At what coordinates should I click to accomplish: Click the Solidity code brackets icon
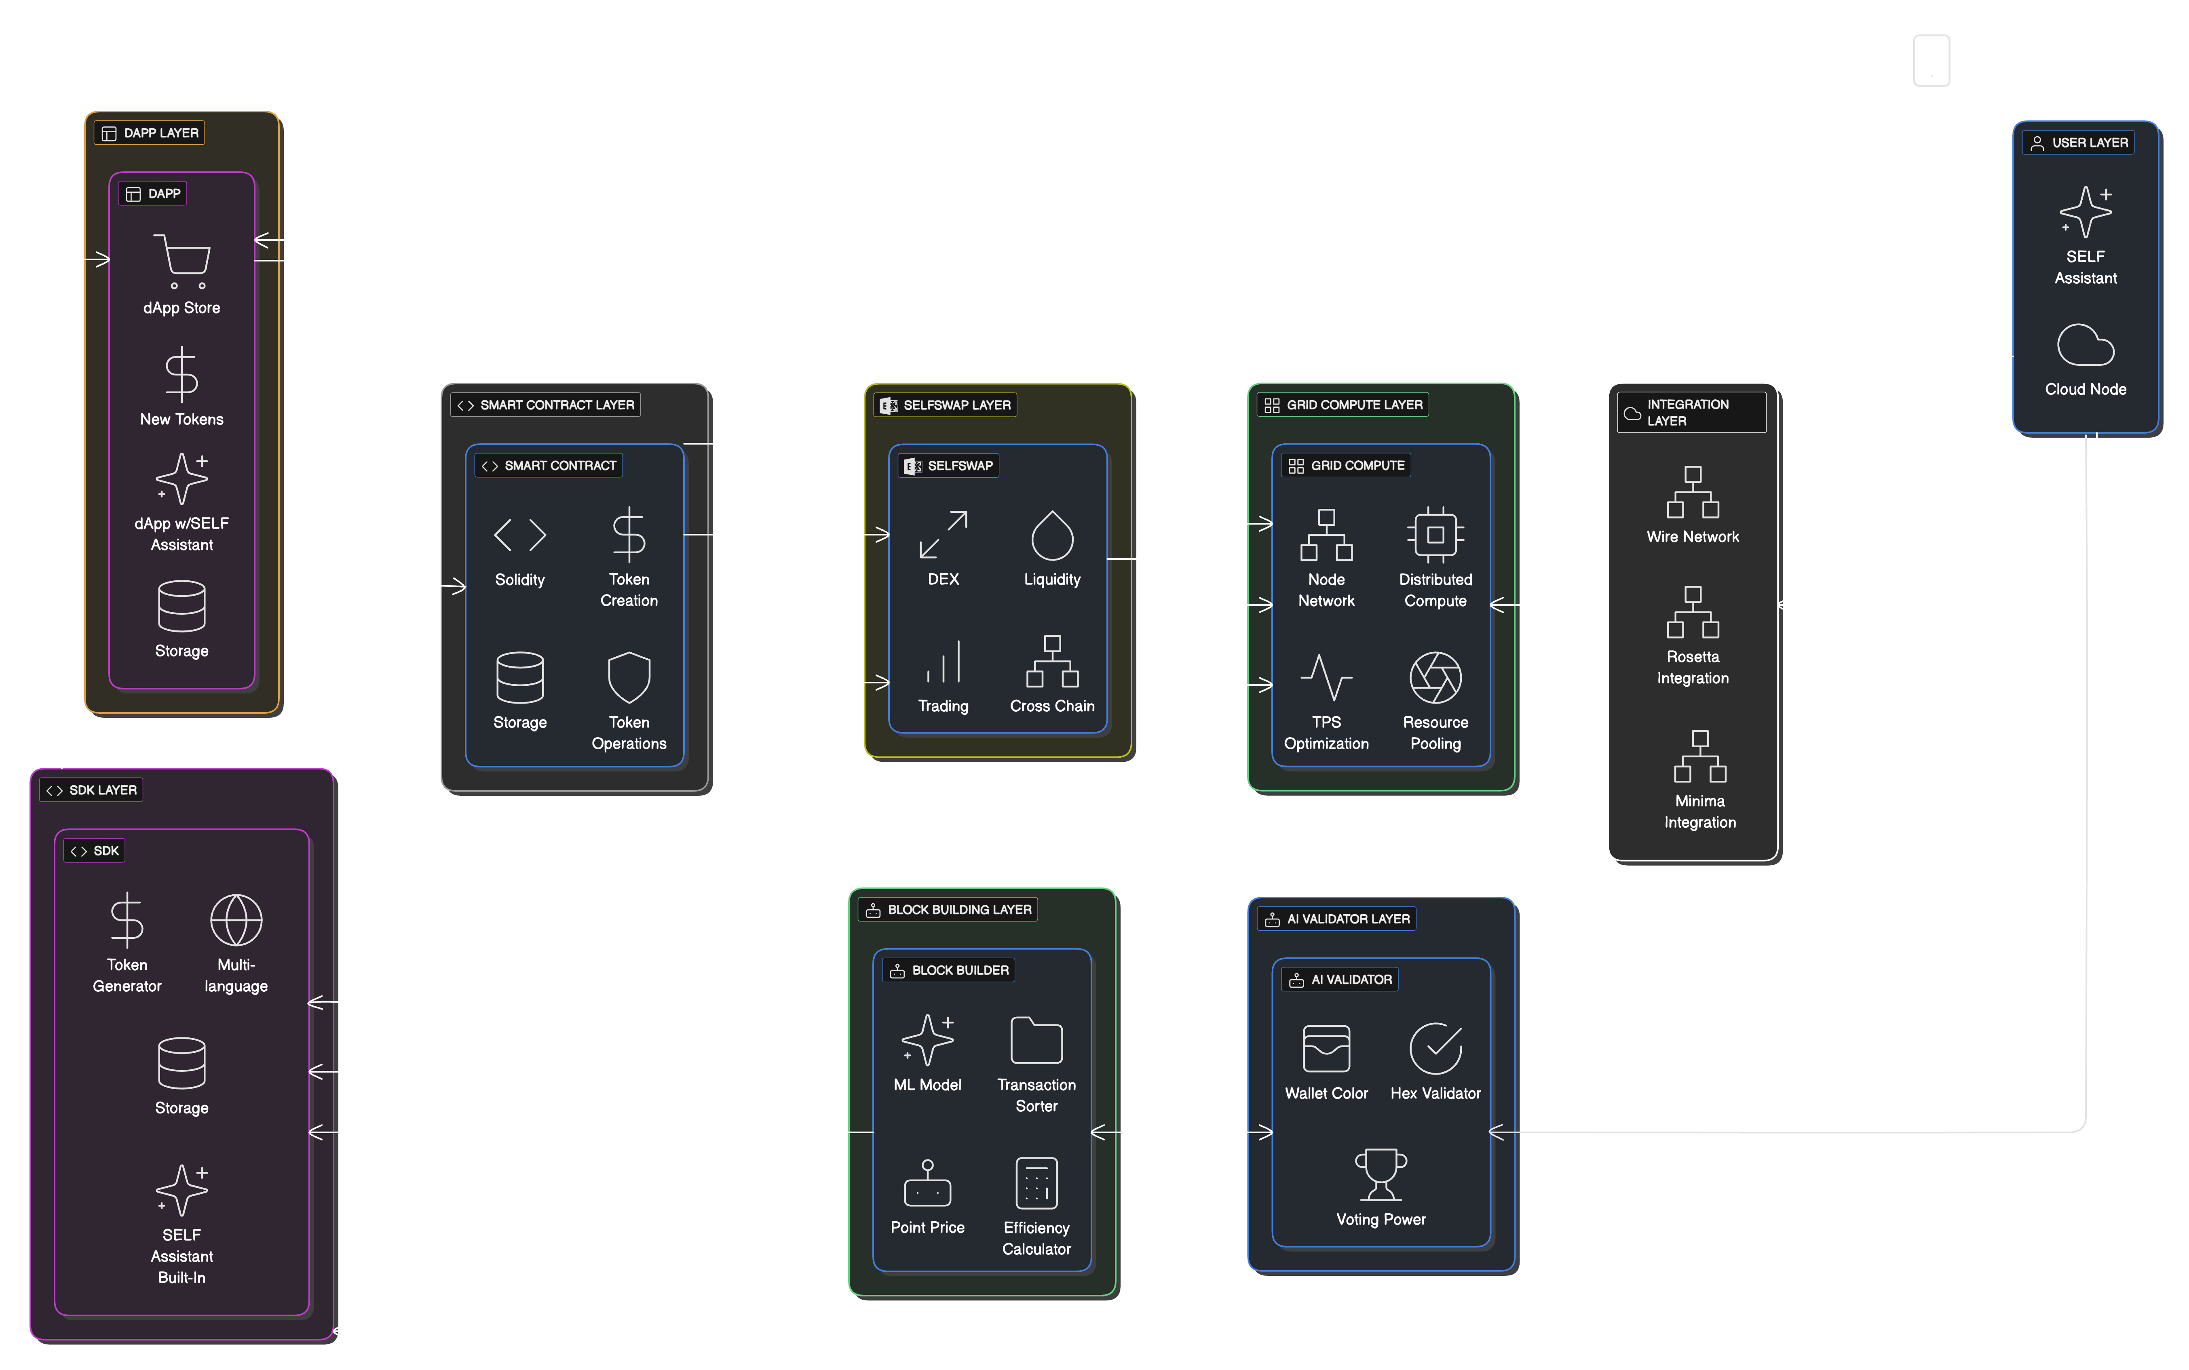[519, 535]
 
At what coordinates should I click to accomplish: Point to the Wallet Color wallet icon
[1326, 1048]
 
